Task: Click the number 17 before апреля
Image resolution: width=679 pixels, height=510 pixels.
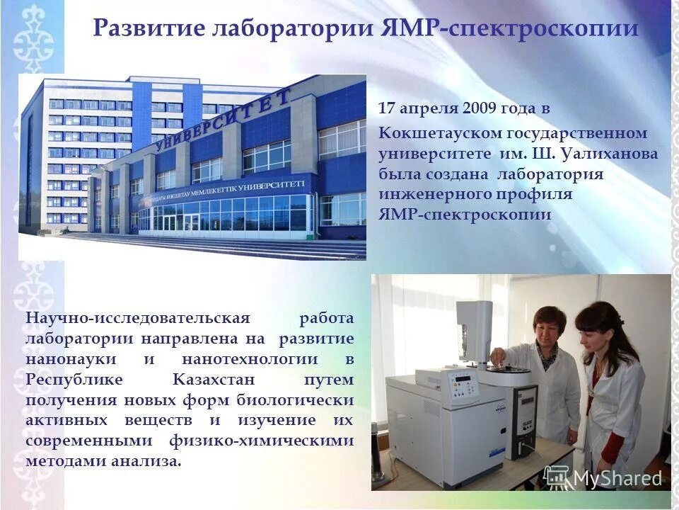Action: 386,109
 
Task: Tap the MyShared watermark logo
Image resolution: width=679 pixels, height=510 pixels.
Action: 604,477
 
